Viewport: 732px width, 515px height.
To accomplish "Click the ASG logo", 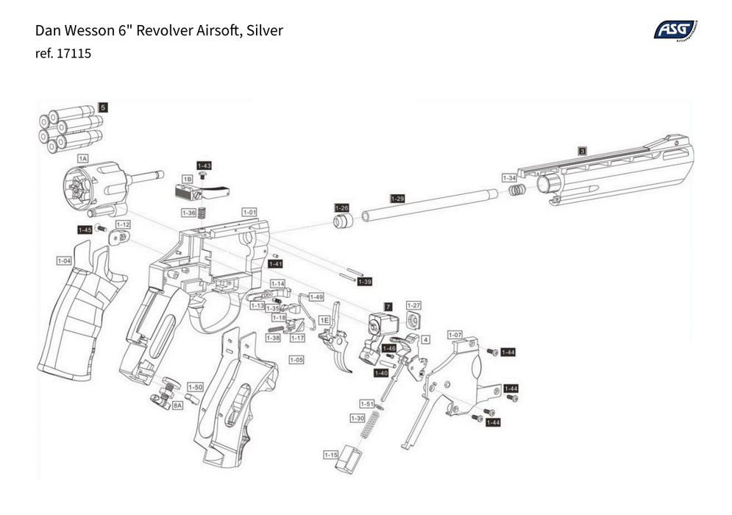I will tap(675, 29).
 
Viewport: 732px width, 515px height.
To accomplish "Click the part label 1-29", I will tap(397, 199).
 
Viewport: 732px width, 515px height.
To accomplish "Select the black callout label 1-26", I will tap(341, 208).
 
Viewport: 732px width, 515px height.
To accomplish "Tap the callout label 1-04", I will tap(65, 260).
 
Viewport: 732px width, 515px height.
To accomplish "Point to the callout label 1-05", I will tap(296, 360).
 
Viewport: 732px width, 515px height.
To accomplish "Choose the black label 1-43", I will tap(204, 166).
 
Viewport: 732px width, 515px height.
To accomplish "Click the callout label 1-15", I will tap(330, 455).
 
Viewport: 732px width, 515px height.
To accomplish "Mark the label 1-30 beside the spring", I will tap(357, 419).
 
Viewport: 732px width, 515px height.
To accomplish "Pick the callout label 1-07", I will tap(455, 335).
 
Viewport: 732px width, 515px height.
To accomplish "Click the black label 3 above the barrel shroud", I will tap(582, 150).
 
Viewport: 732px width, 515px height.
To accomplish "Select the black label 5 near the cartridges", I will tap(103, 107).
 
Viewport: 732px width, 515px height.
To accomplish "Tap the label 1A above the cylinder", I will tap(83, 158).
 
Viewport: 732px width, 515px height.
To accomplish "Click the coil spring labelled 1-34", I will tap(517, 191).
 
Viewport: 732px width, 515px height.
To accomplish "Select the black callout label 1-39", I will tap(365, 282).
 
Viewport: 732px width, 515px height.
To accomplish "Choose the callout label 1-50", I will tap(194, 387).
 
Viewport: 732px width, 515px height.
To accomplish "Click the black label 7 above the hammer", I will tap(388, 305).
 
